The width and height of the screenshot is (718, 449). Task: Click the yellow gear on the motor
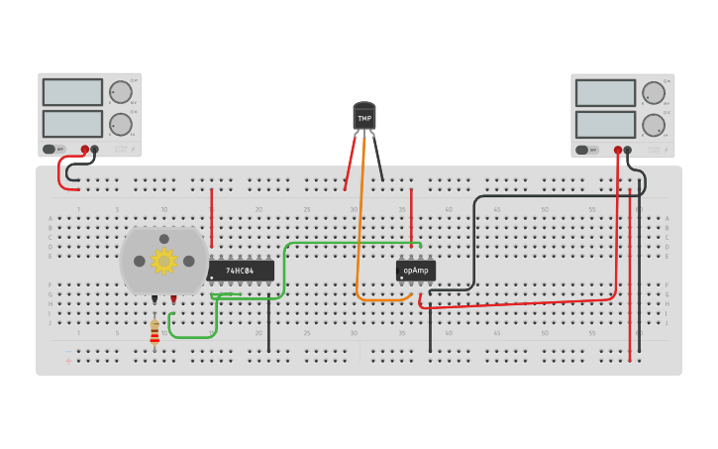point(163,261)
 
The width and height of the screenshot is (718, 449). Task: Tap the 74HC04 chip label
point(240,271)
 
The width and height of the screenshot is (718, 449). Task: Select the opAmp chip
point(416,271)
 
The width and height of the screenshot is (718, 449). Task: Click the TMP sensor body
point(364,117)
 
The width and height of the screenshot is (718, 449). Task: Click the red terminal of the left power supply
point(85,150)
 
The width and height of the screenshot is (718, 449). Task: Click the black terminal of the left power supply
point(95,150)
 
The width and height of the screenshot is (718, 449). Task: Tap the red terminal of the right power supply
point(618,151)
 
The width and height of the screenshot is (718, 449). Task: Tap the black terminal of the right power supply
point(628,151)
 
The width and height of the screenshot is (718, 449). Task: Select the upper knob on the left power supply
point(121,92)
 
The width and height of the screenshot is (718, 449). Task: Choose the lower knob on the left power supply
point(121,124)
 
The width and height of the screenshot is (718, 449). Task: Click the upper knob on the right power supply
point(654,93)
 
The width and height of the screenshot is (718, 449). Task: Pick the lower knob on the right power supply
point(654,125)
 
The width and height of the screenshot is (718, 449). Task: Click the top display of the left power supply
point(72,92)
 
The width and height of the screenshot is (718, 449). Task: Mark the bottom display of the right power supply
point(605,125)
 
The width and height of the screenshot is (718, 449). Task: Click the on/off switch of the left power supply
point(50,150)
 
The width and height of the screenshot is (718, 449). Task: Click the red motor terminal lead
point(173,298)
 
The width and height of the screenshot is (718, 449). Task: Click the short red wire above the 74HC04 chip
point(211,218)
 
